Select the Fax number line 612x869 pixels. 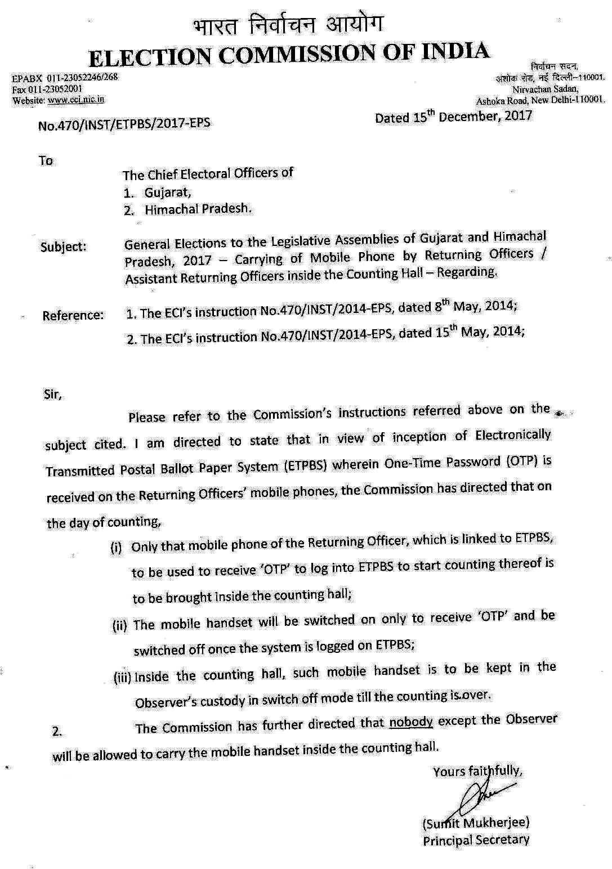click(x=48, y=89)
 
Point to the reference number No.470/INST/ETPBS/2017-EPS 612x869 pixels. click(x=124, y=124)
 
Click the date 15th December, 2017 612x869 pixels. click(x=453, y=117)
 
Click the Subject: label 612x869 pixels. click(x=64, y=247)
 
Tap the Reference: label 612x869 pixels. click(x=73, y=315)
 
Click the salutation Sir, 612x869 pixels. click(x=52, y=395)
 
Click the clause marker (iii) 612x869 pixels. click(x=122, y=678)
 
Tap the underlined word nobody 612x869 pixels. click(x=410, y=722)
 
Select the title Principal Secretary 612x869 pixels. click(x=476, y=840)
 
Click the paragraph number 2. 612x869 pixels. click(x=57, y=732)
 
